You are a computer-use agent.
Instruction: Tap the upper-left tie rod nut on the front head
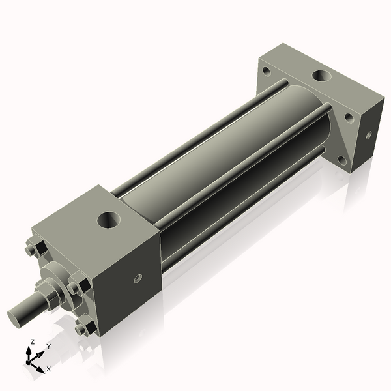[x=32, y=250]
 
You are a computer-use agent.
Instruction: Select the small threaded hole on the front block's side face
[x=138, y=279]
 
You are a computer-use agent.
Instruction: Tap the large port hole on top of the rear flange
[x=321, y=77]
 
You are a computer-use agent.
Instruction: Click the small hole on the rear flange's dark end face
[x=368, y=136]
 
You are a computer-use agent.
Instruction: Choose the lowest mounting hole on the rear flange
[x=341, y=160]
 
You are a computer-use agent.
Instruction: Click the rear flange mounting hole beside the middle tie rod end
[x=349, y=119]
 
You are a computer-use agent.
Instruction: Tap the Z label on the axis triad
[x=33, y=341]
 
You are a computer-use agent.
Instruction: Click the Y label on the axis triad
[x=48, y=347]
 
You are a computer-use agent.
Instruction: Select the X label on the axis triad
[x=49, y=369]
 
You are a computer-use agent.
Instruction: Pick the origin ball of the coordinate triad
[x=30, y=360]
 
